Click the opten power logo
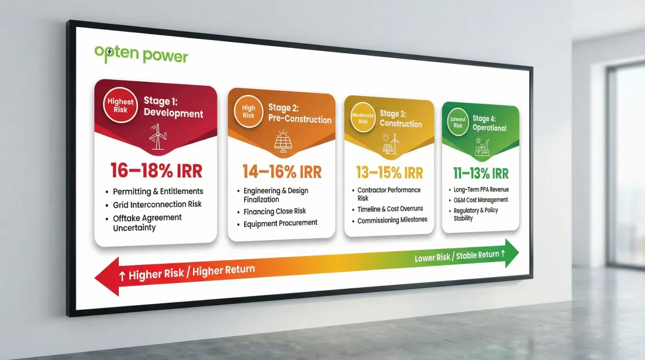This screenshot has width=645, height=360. point(141,55)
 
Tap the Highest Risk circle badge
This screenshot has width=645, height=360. point(121,106)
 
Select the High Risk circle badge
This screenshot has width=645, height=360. point(248,112)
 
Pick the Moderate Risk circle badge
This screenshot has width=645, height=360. point(363,118)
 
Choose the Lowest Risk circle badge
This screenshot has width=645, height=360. point(457,122)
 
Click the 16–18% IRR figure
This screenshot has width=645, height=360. point(156,171)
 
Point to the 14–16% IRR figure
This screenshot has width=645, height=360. point(282,172)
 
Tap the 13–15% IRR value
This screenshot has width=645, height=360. point(389,173)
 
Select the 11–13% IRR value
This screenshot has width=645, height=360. point(481,174)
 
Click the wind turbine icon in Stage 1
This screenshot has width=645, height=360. point(158,138)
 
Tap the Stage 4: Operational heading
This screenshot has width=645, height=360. point(489,124)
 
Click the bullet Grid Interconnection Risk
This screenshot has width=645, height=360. point(158,204)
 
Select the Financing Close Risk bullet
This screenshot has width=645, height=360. point(275,211)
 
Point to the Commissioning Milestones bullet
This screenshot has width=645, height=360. point(392,220)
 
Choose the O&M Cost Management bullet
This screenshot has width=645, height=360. point(480,200)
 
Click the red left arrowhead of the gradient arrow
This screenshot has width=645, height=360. point(108,278)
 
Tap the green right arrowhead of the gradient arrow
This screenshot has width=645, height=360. point(511,252)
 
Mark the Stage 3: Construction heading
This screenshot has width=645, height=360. point(401,119)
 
